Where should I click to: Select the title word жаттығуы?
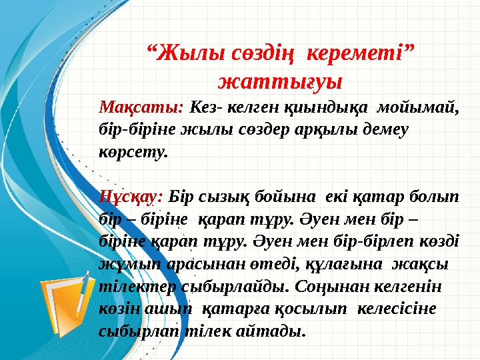click(x=280, y=81)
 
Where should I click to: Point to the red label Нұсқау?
click(x=131, y=197)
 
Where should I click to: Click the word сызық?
click(x=228, y=197)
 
